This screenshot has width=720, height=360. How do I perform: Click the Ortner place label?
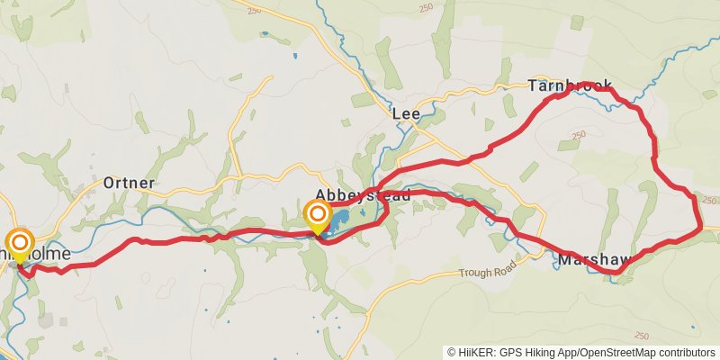pos(129,183)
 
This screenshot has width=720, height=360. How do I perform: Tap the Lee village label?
pos(405,114)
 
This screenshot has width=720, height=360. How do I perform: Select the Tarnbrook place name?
pos(562,86)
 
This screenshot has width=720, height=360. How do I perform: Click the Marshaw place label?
pos(590,260)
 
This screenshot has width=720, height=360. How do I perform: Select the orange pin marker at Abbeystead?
pos(317,214)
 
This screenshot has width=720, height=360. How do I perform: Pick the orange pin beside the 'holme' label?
pos(19,243)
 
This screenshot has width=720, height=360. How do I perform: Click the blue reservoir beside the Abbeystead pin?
pos(339,219)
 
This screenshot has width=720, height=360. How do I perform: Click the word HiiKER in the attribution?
pos(472,352)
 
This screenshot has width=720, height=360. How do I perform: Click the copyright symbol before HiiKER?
pos(452,352)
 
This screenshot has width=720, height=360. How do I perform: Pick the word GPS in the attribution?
pos(507,352)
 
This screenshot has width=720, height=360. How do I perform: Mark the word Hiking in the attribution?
pos(538,352)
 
